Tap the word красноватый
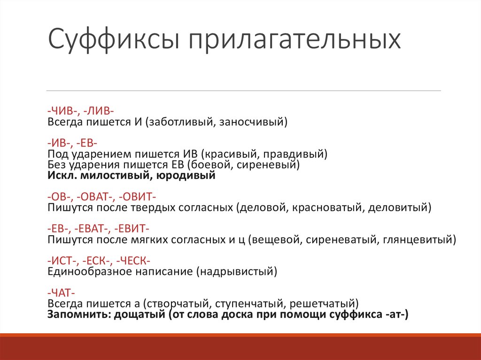click(326, 207)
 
